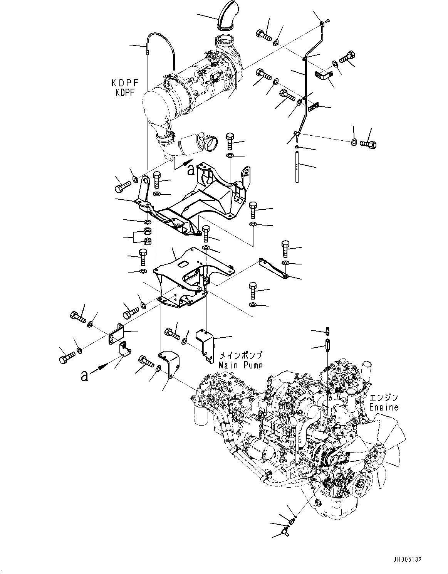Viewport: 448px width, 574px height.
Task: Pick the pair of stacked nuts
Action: point(147,236)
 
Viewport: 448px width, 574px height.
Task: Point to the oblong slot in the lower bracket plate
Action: point(184,264)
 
